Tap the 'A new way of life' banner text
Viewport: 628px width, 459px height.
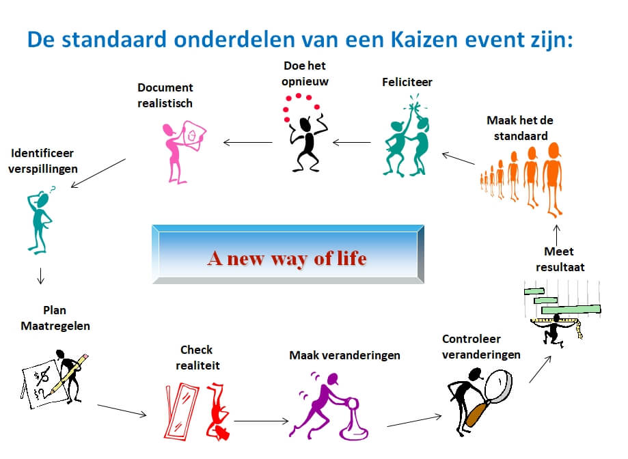pos(287,258)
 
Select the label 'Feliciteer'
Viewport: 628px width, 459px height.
pos(407,82)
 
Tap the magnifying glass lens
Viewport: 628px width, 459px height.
pos(499,385)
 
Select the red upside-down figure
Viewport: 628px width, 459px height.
pos(218,411)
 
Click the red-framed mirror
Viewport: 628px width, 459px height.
pos(181,411)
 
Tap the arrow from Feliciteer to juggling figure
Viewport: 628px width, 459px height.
pos(352,142)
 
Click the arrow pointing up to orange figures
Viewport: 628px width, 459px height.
pos(557,235)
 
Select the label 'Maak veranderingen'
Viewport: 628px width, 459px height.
pos(344,355)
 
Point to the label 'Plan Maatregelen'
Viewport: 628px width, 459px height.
pos(55,318)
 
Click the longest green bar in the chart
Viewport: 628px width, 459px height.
pos(571,309)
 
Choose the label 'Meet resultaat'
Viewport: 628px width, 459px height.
pos(560,259)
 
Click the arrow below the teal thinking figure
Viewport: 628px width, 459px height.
pos(40,276)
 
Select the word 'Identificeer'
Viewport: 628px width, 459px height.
pos(42,153)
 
